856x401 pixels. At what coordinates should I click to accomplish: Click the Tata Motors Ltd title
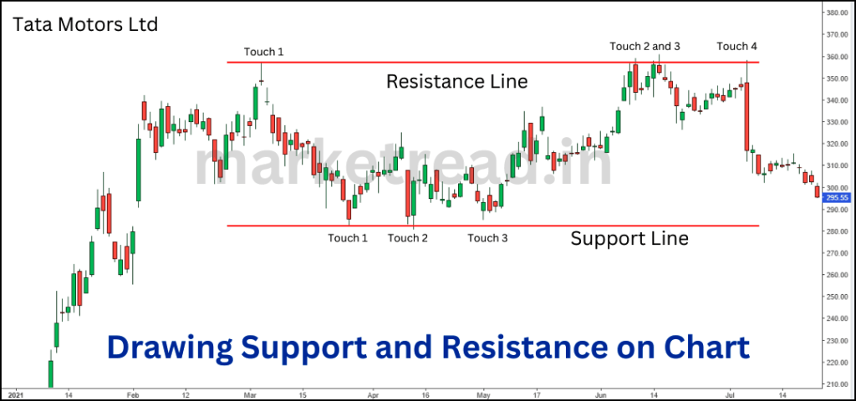coord(85,24)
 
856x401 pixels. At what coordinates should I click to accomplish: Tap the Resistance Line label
coord(456,82)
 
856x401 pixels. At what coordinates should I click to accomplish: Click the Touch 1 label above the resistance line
coord(264,52)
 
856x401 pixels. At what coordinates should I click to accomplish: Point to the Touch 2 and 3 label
coord(645,46)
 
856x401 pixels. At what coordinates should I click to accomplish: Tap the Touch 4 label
coord(736,46)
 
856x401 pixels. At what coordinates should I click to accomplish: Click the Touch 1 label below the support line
coord(348,238)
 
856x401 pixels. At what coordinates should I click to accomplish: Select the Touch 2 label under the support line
coord(408,238)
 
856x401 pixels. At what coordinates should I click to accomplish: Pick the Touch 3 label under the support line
coord(487,238)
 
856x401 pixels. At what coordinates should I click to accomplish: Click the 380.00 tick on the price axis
coord(837,13)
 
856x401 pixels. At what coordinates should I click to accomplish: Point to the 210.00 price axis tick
coord(837,383)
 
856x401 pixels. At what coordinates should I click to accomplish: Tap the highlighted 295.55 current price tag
coord(837,198)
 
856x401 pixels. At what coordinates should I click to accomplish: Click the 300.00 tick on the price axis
coord(837,187)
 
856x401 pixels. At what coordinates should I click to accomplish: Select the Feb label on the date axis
coord(132,394)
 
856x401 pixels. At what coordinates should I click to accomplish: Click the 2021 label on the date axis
coord(15,394)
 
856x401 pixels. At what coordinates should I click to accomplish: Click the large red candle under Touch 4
coord(747,116)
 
